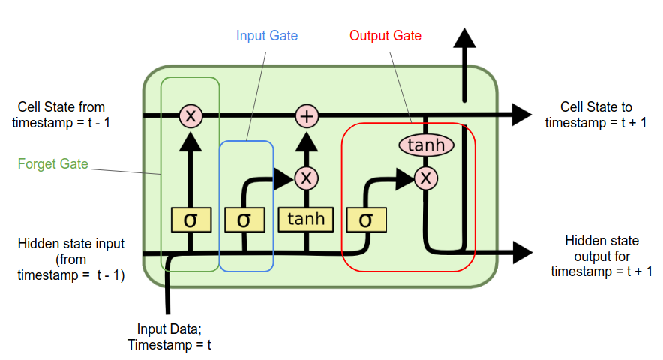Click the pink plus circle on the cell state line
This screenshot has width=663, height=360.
tap(306, 115)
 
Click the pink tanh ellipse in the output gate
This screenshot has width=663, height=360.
tap(425, 145)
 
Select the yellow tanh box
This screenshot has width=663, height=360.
tap(306, 219)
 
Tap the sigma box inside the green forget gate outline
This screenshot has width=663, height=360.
tap(190, 219)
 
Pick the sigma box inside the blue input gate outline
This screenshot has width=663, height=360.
tap(244, 219)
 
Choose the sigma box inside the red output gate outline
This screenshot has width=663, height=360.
tap(366, 219)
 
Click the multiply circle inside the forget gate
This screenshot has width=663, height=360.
tap(190, 115)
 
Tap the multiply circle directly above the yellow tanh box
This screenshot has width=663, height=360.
tap(306, 178)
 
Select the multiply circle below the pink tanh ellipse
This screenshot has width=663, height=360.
tap(425, 178)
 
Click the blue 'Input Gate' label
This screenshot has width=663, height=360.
tap(267, 35)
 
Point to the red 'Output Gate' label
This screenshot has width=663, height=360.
tap(385, 35)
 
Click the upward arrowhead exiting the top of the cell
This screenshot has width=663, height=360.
tap(464, 41)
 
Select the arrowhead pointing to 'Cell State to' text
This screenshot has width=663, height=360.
tap(520, 115)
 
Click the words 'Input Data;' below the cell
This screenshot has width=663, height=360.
tap(169, 328)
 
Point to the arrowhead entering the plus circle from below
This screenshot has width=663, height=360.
tap(306, 141)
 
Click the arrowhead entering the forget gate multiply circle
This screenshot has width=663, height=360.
tap(190, 141)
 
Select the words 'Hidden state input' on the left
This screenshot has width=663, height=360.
tap(71, 244)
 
